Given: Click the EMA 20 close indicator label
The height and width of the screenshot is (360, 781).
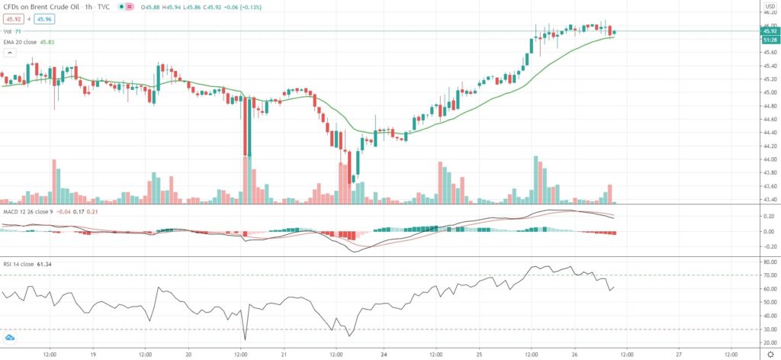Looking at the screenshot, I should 34,43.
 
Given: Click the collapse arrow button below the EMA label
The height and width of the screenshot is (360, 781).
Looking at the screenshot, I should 10,53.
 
